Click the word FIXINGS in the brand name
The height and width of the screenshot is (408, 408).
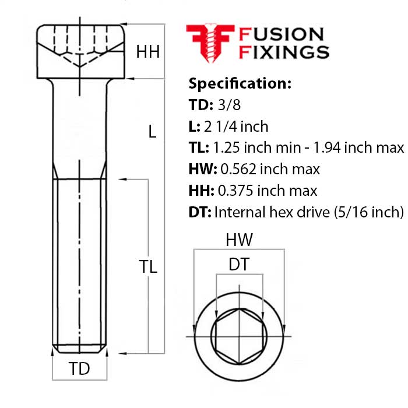click(284, 52)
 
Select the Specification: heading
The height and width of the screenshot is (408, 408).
click(240, 83)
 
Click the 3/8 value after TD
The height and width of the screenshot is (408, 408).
click(227, 105)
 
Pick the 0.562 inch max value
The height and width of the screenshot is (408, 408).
click(270, 170)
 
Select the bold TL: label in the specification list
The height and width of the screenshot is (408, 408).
click(199, 148)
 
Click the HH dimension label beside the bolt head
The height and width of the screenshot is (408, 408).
click(148, 52)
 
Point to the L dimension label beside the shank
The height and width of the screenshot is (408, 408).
click(152, 132)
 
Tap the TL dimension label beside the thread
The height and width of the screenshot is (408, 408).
click(148, 266)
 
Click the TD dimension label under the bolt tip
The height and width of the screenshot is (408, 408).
click(79, 369)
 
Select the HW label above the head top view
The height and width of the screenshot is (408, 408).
click(239, 240)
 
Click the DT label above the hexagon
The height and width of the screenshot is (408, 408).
click(239, 265)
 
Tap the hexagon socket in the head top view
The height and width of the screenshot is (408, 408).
click(239, 337)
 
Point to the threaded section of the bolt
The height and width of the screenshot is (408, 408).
click(79, 262)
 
